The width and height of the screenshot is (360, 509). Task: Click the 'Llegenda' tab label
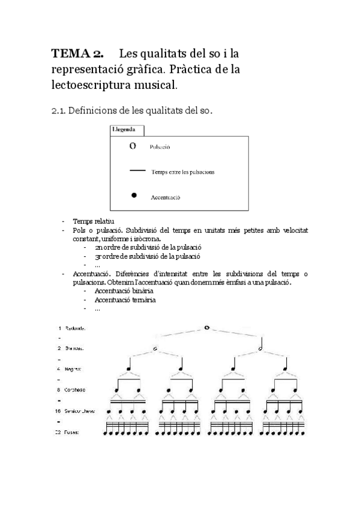click(x=127, y=129)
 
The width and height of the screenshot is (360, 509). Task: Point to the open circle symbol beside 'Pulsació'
click(x=133, y=146)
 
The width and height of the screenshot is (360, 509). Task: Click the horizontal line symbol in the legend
click(x=137, y=171)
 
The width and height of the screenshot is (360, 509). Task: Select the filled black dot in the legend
click(x=134, y=196)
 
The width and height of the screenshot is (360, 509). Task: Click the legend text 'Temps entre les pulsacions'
click(x=183, y=172)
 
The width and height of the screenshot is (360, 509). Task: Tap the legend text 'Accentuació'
click(x=166, y=197)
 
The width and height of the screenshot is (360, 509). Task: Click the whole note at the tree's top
click(x=206, y=328)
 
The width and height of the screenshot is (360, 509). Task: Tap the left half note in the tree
click(x=155, y=348)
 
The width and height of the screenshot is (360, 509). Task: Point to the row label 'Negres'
click(x=74, y=369)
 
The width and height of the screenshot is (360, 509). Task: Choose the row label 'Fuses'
click(x=73, y=432)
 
